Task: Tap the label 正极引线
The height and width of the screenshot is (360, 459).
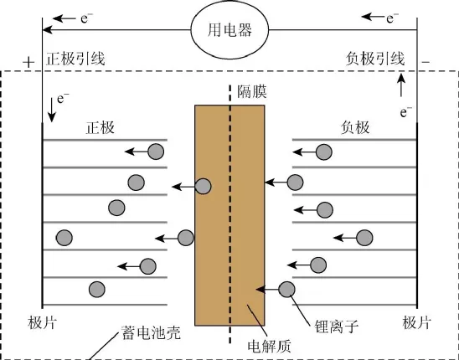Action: [75, 59]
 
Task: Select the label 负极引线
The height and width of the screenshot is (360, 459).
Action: [375, 59]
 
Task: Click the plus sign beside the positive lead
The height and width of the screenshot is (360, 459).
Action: [28, 62]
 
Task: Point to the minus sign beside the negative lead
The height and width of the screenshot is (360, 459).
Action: [425, 62]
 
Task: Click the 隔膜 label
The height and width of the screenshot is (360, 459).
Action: [252, 91]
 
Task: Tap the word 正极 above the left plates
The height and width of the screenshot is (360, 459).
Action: [101, 127]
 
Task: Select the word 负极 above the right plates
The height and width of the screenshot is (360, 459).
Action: [355, 127]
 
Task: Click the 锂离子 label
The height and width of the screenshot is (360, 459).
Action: [337, 327]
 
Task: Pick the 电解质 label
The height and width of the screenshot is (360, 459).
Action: [270, 347]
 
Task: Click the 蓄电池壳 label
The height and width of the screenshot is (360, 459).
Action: [151, 332]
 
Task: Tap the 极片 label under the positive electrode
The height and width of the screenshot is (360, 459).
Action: [43, 323]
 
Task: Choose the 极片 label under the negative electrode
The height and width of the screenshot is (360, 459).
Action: [417, 323]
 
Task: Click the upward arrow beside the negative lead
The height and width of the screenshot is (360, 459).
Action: [401, 85]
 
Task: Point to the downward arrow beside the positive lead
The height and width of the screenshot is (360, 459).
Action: [52, 111]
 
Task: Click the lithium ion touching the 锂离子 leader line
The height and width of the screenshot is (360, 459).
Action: [286, 290]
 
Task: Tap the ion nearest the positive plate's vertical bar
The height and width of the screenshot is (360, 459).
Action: [64, 238]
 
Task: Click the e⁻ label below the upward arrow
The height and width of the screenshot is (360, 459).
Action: [405, 111]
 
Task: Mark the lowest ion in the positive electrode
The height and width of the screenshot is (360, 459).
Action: [97, 289]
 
